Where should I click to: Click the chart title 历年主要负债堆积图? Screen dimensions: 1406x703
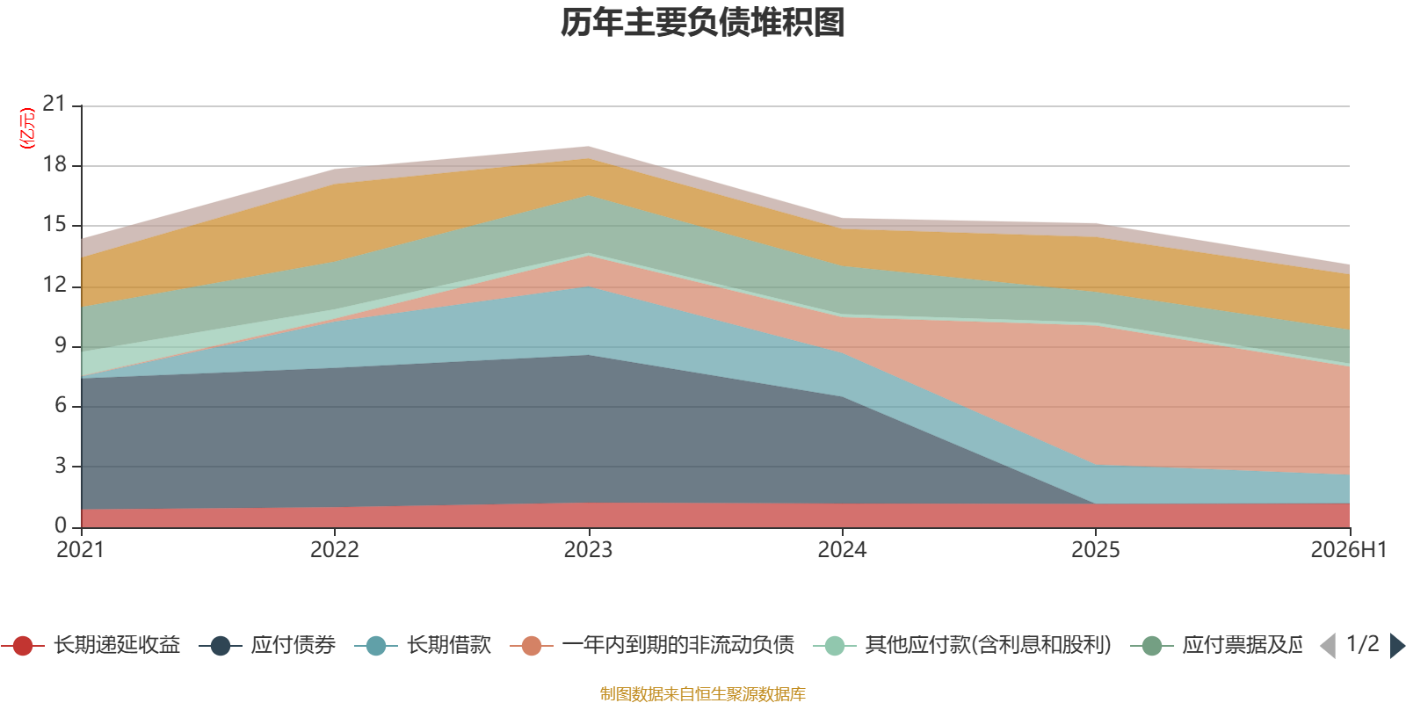pos(702,23)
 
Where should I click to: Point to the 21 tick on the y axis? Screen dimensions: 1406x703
pos(54,104)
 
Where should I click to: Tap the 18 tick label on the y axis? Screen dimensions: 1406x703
pos(54,164)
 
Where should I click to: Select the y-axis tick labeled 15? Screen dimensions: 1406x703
pos(54,225)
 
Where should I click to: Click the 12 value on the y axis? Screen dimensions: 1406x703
pos(54,285)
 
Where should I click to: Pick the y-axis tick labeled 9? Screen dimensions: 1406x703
pos(61,345)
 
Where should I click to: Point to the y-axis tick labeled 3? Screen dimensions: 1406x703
pos(61,466)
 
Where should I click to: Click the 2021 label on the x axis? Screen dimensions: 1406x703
pos(80,550)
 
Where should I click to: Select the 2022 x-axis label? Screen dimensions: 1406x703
pos(335,550)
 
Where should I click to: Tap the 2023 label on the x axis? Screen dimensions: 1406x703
pos(588,550)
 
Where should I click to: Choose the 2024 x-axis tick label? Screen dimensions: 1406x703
pos(842,550)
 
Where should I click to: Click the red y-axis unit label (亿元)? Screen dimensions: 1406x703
pos(27,128)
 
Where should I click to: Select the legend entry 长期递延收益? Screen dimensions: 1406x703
pos(91,645)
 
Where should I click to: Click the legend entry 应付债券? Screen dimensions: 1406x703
pos(267,645)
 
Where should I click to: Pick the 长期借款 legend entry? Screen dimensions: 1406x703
pos(423,645)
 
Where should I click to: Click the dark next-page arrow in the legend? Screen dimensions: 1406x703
pos(1396,645)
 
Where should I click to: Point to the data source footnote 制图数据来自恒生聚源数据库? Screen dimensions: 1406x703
pos(702,693)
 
